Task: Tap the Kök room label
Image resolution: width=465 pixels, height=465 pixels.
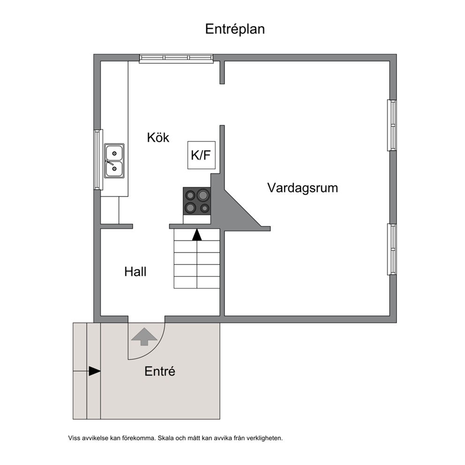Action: click(x=158, y=138)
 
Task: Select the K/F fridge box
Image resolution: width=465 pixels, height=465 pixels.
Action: click(x=202, y=155)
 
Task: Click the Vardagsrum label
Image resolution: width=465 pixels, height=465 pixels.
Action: click(x=302, y=188)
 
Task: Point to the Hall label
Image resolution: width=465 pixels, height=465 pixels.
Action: click(x=135, y=272)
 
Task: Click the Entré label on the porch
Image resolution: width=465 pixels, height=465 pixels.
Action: click(x=160, y=371)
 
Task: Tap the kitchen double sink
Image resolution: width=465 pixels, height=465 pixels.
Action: click(x=114, y=161)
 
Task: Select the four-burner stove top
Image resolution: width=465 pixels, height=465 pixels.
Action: click(x=197, y=201)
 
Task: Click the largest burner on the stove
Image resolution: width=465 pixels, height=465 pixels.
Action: click(x=203, y=195)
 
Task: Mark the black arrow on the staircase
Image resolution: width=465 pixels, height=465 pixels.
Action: click(x=197, y=234)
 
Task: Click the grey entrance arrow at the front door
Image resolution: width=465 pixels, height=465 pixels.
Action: click(x=144, y=337)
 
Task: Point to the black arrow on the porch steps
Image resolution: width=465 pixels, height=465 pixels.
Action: click(x=95, y=371)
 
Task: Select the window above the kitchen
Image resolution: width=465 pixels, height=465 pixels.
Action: click(x=176, y=59)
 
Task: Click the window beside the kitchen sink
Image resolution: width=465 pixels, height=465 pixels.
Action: click(x=98, y=159)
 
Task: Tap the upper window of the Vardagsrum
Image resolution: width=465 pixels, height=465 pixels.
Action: click(x=392, y=125)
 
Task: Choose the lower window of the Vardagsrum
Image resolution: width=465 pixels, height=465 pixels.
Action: click(x=392, y=249)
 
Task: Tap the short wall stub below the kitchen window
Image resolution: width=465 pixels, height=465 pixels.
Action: click(x=222, y=72)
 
